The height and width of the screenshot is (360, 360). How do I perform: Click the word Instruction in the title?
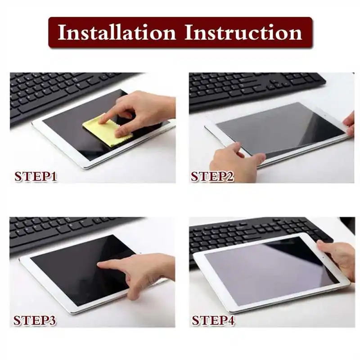tap(243, 33)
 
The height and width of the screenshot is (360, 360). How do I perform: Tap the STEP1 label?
tap(36, 176)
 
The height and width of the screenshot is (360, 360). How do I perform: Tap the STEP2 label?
tap(212, 176)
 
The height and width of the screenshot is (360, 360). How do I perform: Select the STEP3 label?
tap(35, 320)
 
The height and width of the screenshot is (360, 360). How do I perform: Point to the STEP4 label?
tap(213, 320)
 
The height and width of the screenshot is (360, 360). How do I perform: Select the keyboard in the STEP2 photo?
tap(252, 88)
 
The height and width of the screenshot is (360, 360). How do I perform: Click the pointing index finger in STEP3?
tap(108, 265)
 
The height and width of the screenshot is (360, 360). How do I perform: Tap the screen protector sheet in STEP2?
tap(279, 128)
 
